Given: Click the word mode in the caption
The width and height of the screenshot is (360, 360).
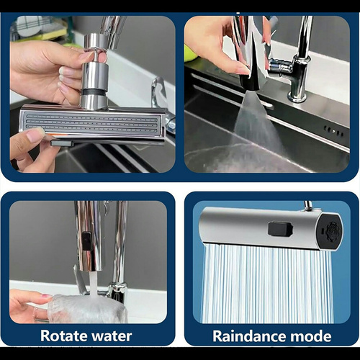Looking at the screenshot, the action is pyautogui.click(x=311, y=336).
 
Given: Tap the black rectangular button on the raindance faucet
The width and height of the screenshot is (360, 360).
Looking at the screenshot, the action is pyautogui.click(x=280, y=230).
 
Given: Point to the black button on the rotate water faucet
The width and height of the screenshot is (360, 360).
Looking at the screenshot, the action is pyautogui.click(x=86, y=241).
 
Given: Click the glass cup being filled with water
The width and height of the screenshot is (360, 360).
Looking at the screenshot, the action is pyautogui.click(x=87, y=309).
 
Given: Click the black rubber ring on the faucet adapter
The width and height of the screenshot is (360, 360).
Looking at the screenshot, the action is pyautogui.click(x=94, y=92).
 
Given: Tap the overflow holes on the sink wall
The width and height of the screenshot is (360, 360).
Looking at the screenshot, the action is pyautogui.click(x=334, y=131).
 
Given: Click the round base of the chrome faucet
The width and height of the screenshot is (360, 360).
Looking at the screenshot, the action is pyautogui.click(x=297, y=96).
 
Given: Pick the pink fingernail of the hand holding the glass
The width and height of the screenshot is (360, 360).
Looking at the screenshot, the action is pyautogui.click(x=47, y=296).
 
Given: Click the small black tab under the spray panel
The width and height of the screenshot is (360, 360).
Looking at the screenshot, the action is pyautogui.click(x=62, y=143).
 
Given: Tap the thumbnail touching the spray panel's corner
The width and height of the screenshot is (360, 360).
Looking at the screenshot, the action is pyautogui.click(x=35, y=134).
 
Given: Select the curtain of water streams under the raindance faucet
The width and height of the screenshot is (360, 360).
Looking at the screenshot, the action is pyautogui.click(x=268, y=283).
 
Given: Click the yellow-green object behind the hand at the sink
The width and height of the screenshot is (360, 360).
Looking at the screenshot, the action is pyautogui.click(x=190, y=54).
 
